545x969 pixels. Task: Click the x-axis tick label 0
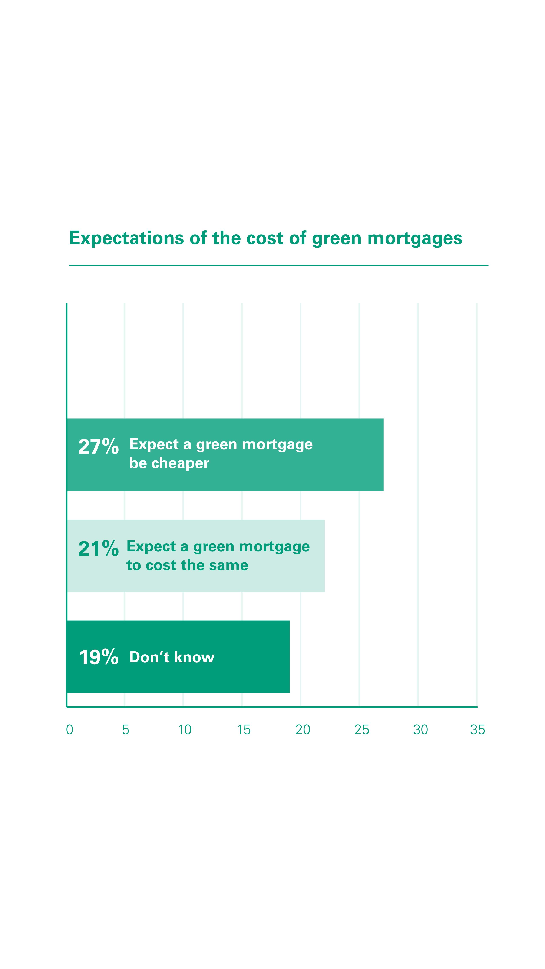coord(70,730)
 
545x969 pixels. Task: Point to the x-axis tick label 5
coord(126,730)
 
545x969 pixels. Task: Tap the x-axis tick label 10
coord(185,730)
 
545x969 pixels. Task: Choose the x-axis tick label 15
coord(244,730)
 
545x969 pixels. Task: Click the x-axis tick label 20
coord(303,730)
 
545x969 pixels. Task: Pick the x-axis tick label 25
coord(361,730)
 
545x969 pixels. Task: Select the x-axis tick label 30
coord(420,730)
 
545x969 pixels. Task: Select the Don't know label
coord(172,657)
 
